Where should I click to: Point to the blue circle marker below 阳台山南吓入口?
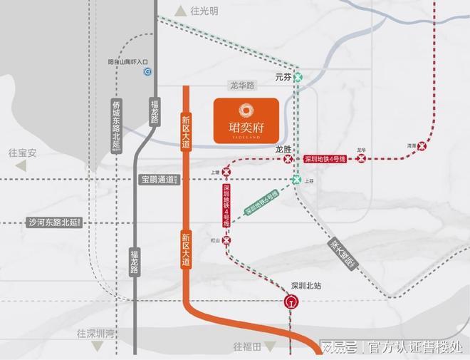pos(147,72)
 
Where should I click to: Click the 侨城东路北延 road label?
pos(117,125)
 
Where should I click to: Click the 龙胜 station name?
pos(283,150)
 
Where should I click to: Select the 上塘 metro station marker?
pos(226,172)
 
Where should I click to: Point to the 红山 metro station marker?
pos(226,241)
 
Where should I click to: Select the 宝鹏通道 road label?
pos(158,180)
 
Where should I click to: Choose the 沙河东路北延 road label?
pos(56,222)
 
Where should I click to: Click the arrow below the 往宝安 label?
pos(21,165)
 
